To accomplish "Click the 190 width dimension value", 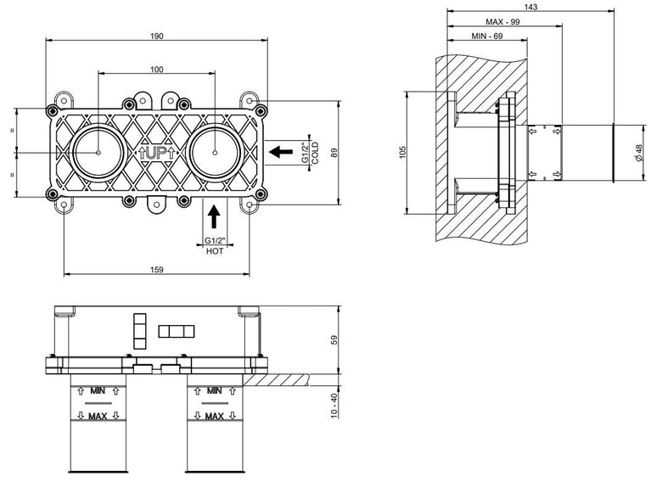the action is (157, 36).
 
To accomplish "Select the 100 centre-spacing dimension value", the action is (157, 70).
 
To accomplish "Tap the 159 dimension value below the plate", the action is (157, 269).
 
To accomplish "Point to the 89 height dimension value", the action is (334, 153).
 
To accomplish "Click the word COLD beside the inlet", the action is (316, 153).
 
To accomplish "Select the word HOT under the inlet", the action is (215, 251).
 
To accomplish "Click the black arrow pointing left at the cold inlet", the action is (281, 152).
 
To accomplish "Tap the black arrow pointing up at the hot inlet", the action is (215, 216).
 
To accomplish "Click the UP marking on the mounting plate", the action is (156, 153).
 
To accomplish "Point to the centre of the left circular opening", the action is (98, 153).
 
